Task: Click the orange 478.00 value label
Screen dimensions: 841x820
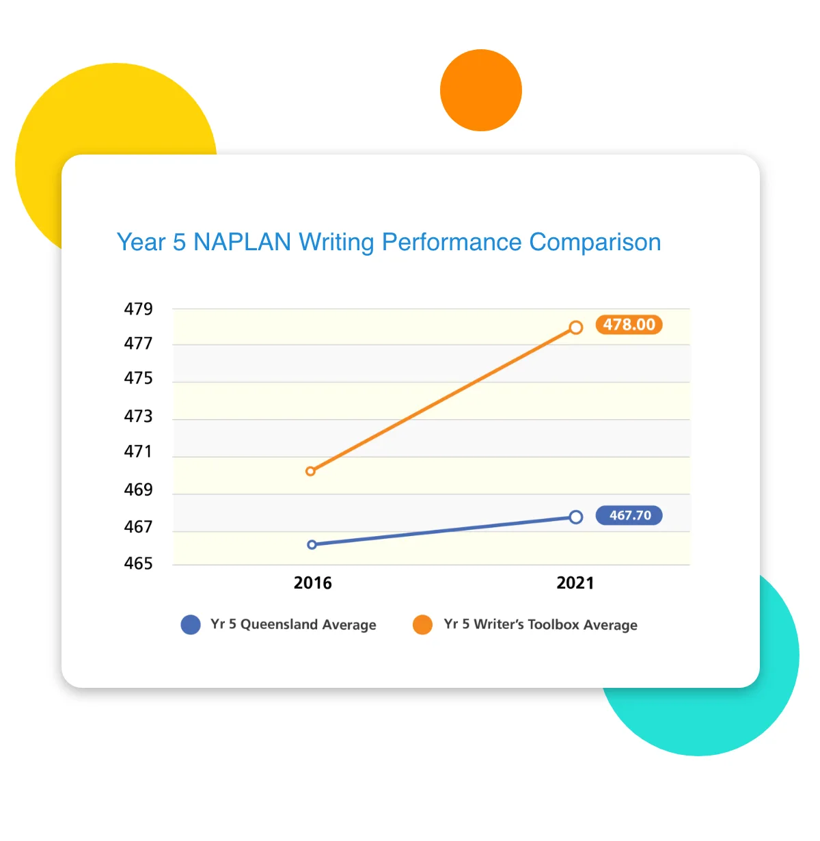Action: point(629,325)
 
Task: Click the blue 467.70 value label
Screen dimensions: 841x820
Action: point(629,516)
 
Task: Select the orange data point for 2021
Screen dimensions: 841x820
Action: point(576,328)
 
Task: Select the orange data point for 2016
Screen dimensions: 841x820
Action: point(311,471)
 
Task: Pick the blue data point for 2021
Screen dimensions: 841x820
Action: point(576,517)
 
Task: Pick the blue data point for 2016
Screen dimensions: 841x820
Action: point(312,545)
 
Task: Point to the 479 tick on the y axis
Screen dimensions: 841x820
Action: point(138,309)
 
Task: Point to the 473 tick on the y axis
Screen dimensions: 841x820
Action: point(138,416)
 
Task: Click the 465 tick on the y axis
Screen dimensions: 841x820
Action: point(138,564)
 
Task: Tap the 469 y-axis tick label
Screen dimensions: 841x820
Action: point(138,490)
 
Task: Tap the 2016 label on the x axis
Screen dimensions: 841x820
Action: point(312,583)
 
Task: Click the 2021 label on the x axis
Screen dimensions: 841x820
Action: point(575,583)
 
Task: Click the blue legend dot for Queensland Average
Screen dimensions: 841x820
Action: point(191,625)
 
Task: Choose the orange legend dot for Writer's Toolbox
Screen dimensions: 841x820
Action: point(422,625)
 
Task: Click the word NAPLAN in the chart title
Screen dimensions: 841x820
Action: point(242,242)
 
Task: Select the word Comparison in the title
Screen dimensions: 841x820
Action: point(594,242)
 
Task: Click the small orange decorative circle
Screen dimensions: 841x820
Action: point(481,90)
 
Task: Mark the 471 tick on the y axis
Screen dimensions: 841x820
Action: point(138,452)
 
